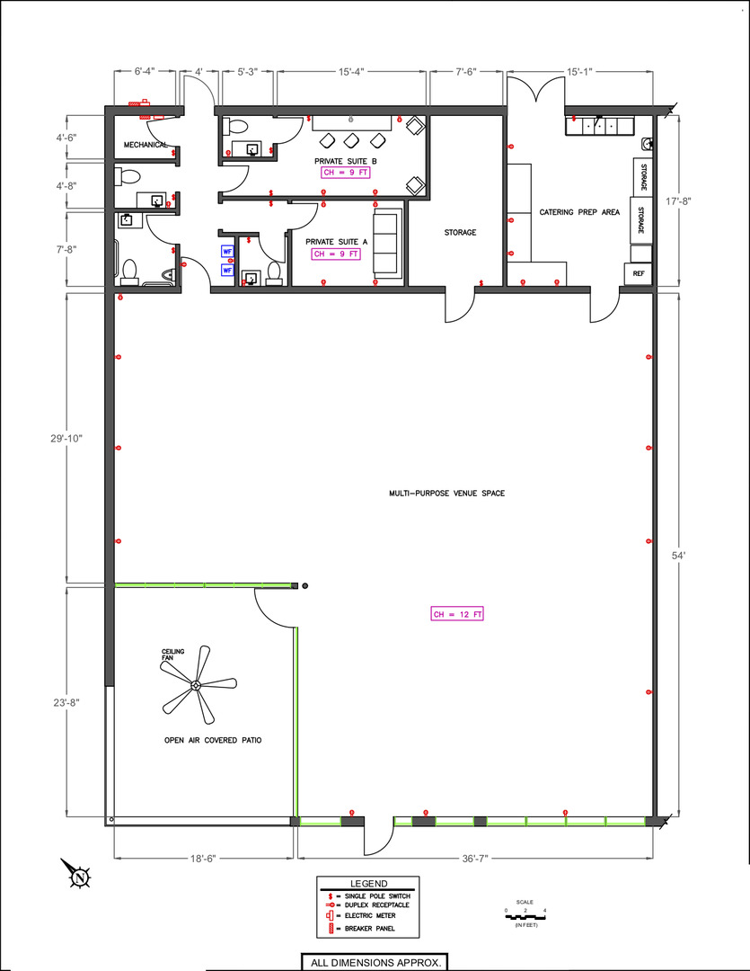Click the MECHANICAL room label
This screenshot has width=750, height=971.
(x=146, y=145)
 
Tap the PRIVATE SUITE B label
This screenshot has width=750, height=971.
(x=345, y=161)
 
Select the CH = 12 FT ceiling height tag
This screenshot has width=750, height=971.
(x=457, y=614)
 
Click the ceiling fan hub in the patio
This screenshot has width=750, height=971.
(x=196, y=685)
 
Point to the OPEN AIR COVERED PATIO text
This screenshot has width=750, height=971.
(x=213, y=740)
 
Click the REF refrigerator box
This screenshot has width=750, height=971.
(x=638, y=273)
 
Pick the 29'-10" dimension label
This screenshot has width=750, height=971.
(x=66, y=439)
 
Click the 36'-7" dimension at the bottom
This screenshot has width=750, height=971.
(x=475, y=859)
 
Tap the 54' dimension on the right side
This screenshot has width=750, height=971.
(x=679, y=556)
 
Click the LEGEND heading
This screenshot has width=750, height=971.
(x=369, y=884)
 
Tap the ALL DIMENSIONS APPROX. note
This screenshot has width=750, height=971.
(x=375, y=963)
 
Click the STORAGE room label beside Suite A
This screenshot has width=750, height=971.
(x=461, y=232)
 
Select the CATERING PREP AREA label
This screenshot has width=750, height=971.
(x=579, y=212)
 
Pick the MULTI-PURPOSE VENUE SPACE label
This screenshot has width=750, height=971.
(x=446, y=494)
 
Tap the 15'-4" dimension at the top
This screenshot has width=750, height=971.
(x=351, y=72)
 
